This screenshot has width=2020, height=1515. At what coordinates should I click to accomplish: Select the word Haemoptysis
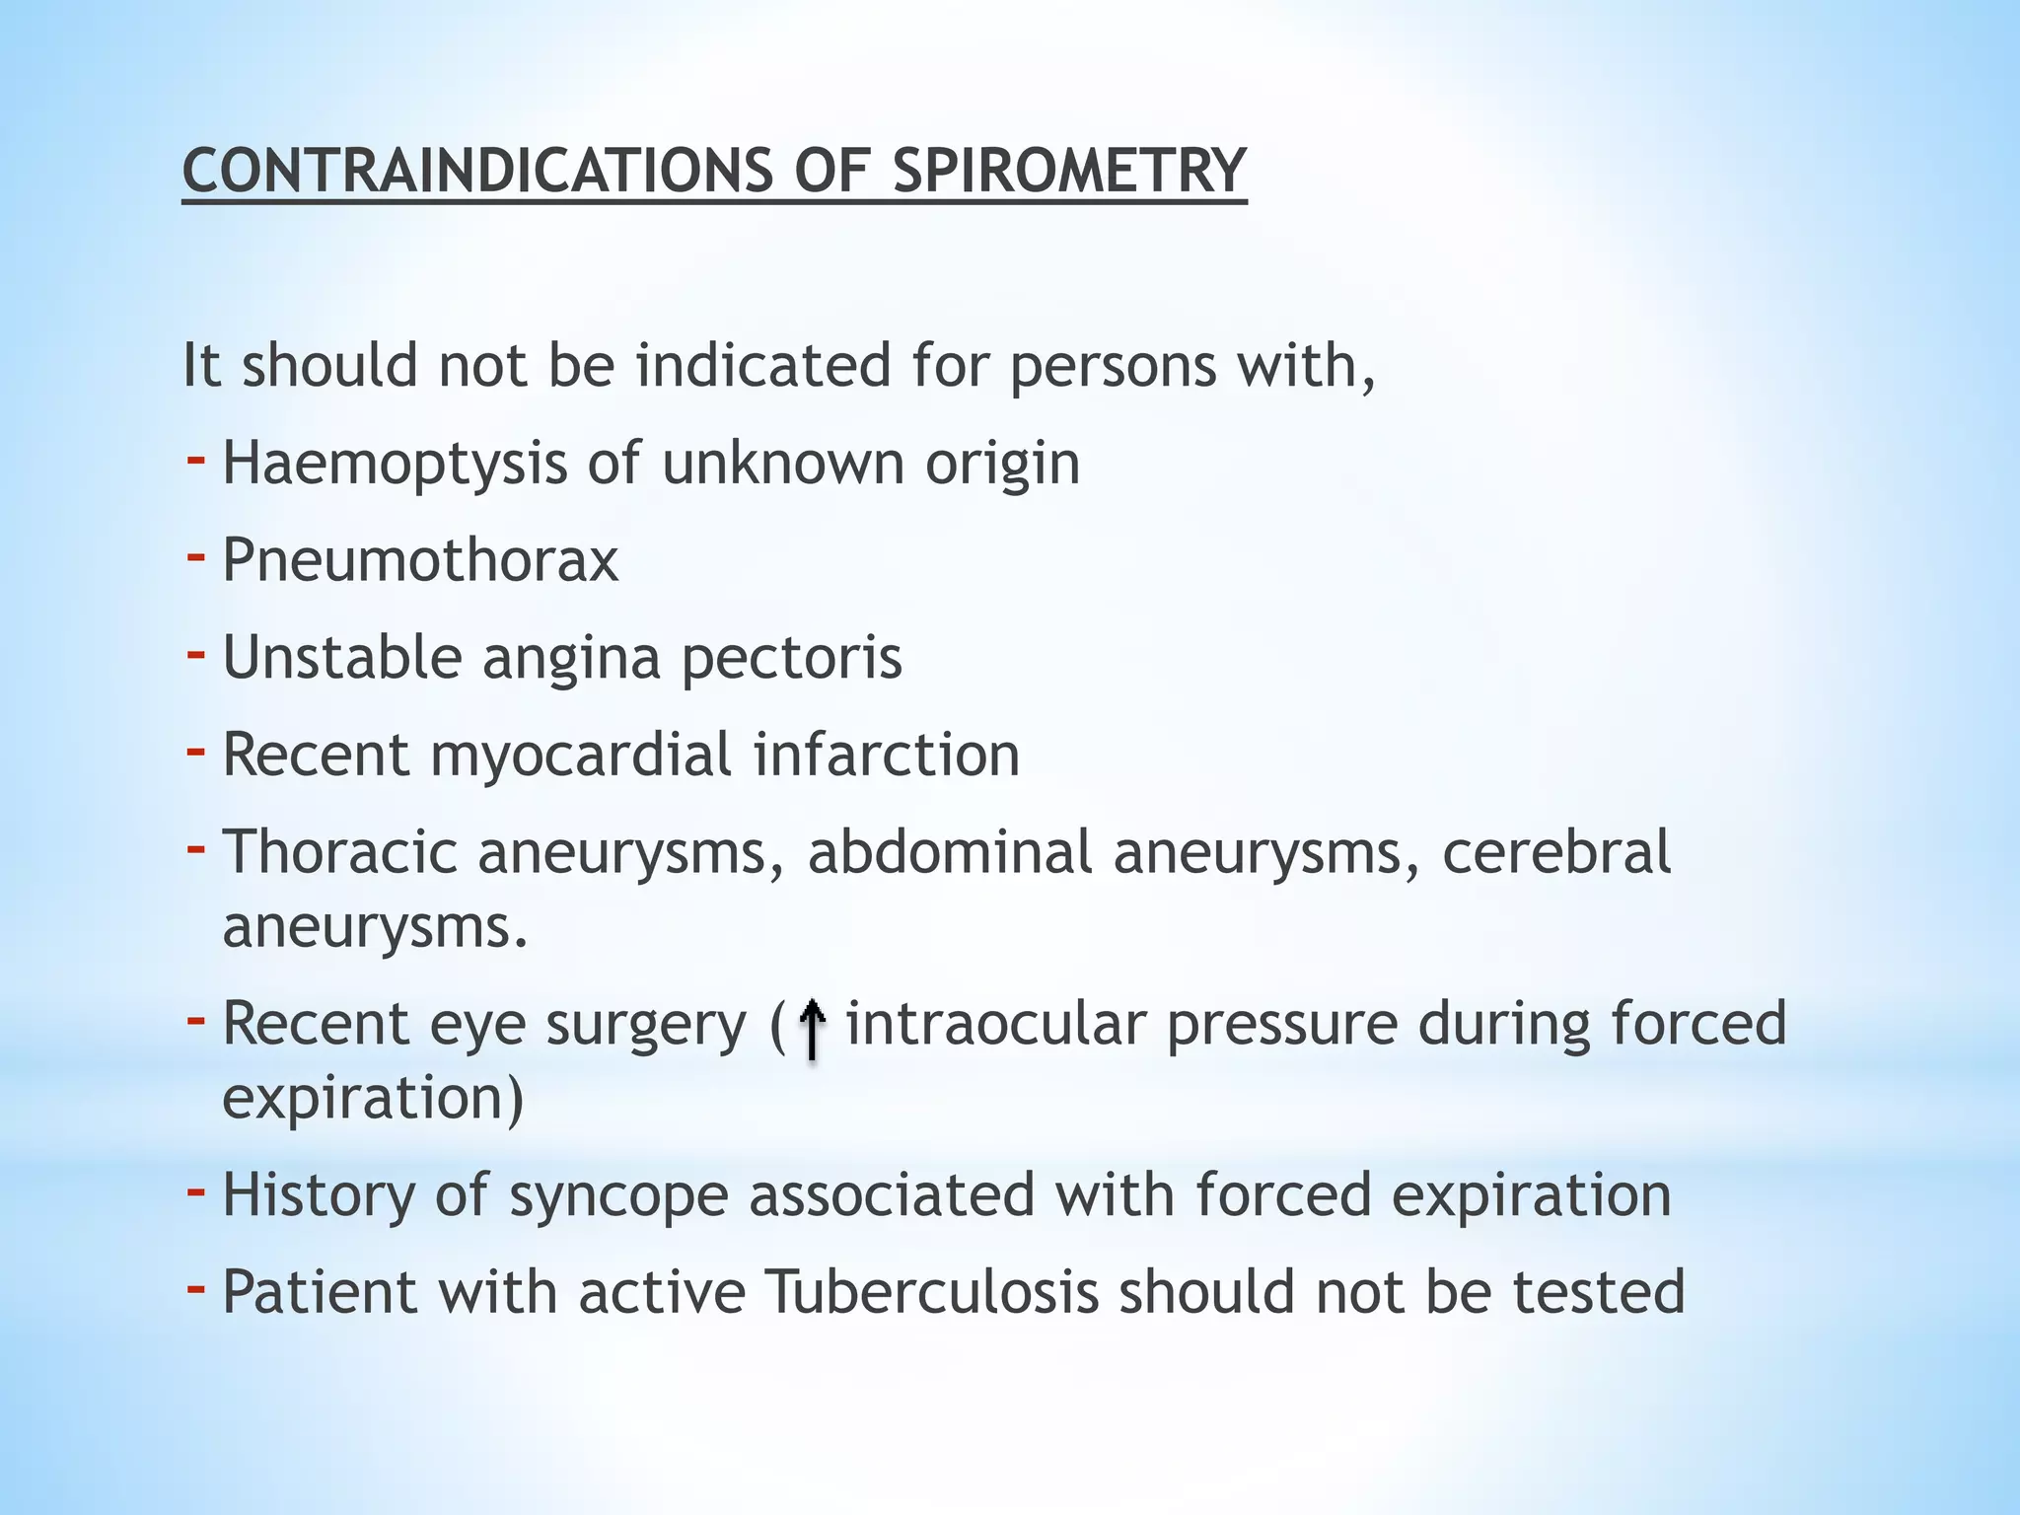point(395,464)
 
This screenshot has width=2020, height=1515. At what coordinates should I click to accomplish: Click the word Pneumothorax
point(420,560)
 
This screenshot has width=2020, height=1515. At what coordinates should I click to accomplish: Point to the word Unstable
point(341,657)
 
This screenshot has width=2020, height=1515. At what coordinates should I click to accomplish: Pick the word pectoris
point(791,659)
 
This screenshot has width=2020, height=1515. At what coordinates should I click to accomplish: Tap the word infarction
point(887,755)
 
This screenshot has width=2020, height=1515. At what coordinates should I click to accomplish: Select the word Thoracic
point(339,851)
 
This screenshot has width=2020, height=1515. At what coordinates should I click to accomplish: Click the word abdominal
point(950,851)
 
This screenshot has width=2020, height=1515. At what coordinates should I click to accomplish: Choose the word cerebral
point(1556,851)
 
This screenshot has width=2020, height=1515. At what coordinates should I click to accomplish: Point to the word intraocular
point(995,1023)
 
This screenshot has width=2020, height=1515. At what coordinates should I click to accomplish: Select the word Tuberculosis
point(931,1291)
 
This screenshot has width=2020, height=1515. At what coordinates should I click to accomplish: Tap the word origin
point(1002,464)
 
